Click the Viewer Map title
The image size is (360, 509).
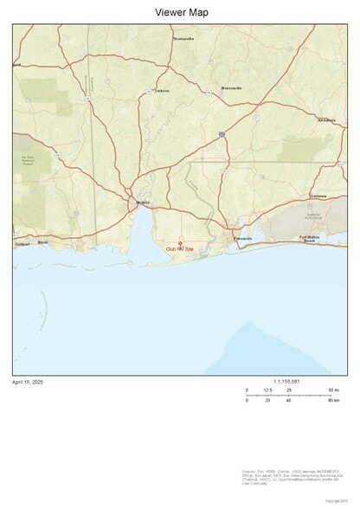181,12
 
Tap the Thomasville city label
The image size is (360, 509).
183,39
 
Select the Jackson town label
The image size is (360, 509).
163,90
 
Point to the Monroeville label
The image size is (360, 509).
231,88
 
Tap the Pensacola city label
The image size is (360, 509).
242,238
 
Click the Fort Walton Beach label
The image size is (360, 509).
309,240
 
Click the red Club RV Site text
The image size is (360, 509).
180,250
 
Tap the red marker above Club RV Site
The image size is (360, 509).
180,243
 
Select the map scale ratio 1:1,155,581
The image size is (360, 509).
286,382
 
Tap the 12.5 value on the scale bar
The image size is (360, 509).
267,391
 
